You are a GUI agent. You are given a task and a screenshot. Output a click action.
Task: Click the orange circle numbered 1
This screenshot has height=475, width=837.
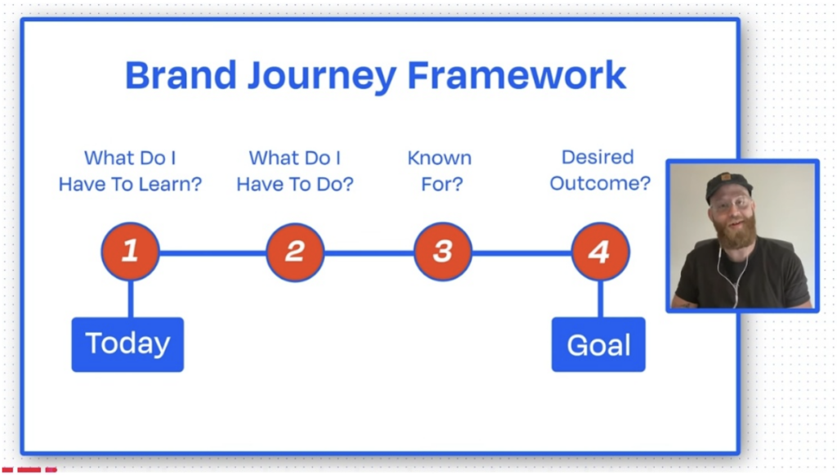click(x=130, y=251)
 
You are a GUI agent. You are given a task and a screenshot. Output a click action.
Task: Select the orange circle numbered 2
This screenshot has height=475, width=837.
click(x=295, y=252)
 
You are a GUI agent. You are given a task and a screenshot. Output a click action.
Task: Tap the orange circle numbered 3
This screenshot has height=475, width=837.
click(x=442, y=251)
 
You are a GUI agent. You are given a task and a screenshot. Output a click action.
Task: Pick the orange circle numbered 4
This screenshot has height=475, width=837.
click(x=601, y=251)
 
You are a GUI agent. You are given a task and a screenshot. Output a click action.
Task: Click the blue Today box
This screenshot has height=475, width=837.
click(x=128, y=344)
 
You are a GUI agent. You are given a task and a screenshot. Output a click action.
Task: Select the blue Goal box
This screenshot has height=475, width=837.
click(x=598, y=344)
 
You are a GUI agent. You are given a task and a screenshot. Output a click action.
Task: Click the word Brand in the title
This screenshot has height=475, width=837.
click(x=181, y=75)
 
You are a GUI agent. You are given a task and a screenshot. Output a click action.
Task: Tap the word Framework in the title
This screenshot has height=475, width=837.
click(x=517, y=75)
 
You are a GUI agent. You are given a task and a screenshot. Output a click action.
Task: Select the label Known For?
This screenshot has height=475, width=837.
click(x=440, y=171)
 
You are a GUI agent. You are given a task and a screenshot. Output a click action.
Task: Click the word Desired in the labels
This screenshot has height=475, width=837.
click(x=598, y=157)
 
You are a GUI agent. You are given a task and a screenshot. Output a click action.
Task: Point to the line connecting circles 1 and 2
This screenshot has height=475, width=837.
click(x=213, y=253)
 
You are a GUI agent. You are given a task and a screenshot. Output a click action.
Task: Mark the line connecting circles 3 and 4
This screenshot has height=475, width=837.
click(x=521, y=253)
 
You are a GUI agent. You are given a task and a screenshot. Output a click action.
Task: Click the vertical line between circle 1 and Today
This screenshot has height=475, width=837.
click(x=131, y=299)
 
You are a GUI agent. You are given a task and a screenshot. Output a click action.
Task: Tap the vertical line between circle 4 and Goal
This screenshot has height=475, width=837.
click(x=601, y=299)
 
